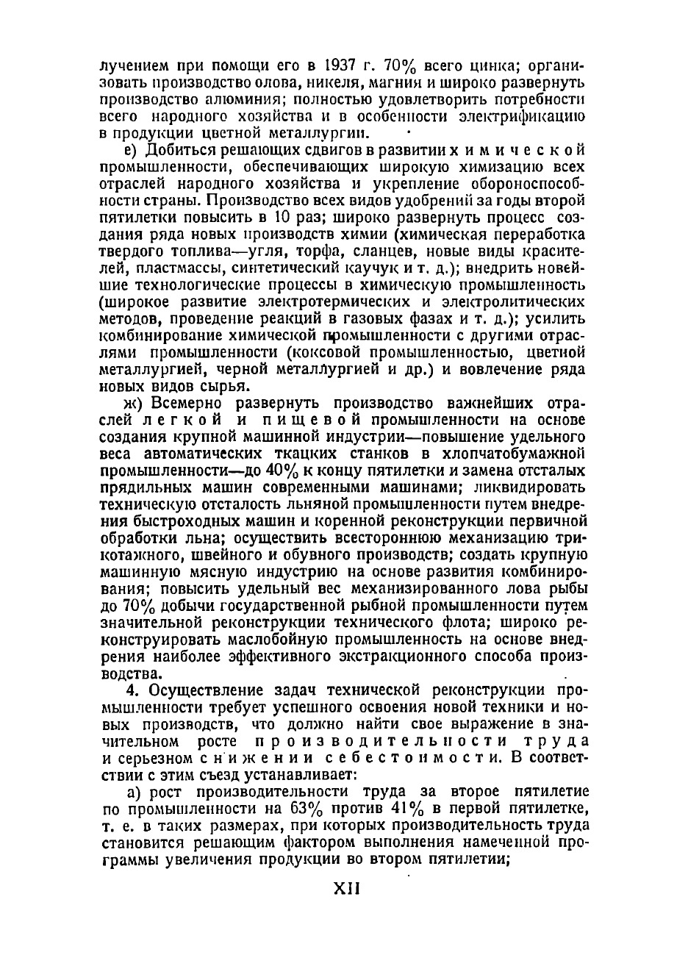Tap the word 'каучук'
pyautogui.click(x=365, y=268)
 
